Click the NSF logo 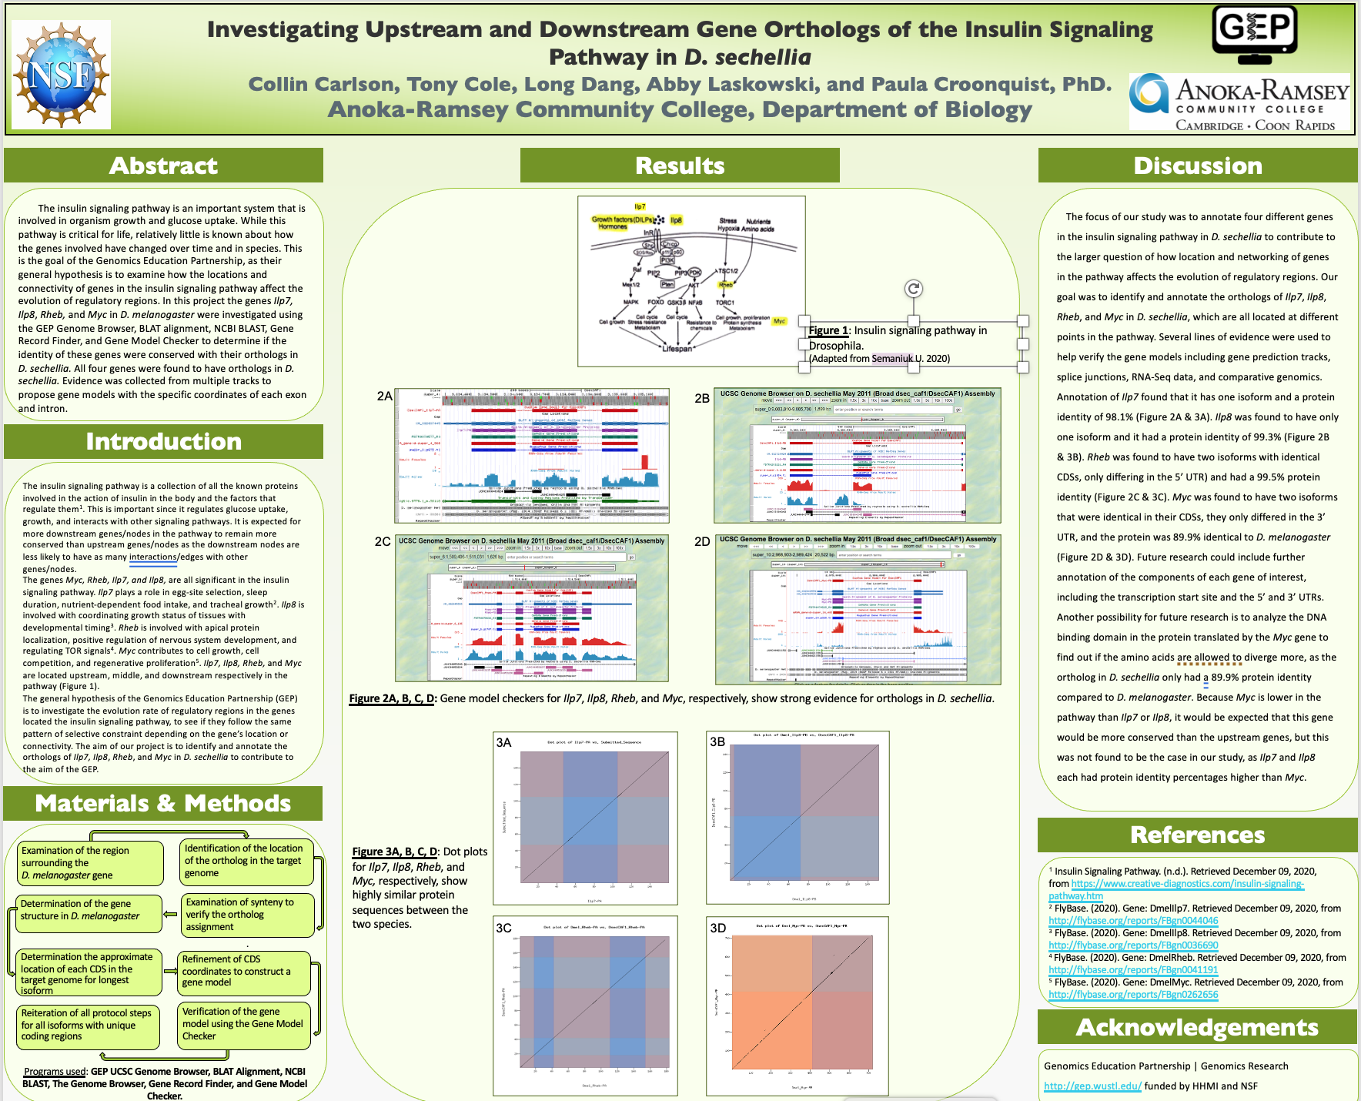point(62,75)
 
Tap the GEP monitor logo point(1255,35)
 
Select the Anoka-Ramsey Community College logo point(1239,102)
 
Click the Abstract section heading point(163,166)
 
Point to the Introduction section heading point(163,441)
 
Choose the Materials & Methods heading point(163,803)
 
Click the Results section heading point(680,166)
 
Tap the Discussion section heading point(1198,166)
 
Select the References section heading point(1198,835)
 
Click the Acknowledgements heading point(1198,1027)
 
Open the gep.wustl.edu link point(1092,1086)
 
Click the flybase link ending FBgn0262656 point(1133,995)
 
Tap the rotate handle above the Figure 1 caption point(913,289)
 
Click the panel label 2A point(384,397)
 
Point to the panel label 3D point(717,928)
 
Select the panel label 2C point(383,542)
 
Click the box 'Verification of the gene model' point(243,1024)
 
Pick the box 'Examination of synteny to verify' point(246,914)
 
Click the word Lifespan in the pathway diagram point(677,349)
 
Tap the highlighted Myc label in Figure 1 point(780,321)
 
